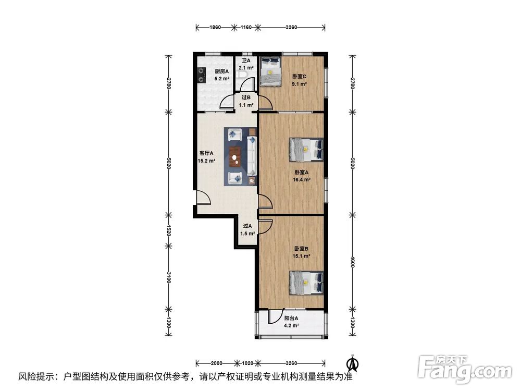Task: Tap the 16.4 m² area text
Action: (x=301, y=180)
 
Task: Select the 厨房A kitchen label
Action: (x=221, y=71)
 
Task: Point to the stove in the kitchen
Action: (x=201, y=75)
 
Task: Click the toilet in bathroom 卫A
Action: (x=242, y=74)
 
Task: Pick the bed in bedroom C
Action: (x=270, y=71)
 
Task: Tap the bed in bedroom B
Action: (x=306, y=283)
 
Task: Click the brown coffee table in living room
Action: (x=235, y=156)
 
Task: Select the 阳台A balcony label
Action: (x=291, y=318)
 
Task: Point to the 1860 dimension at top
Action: (x=215, y=27)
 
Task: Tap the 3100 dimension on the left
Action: (x=169, y=277)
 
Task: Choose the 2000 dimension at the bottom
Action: (x=217, y=363)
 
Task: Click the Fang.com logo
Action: (x=465, y=369)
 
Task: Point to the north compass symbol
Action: (x=353, y=364)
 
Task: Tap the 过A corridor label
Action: (x=247, y=226)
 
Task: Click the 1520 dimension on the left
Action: (x=169, y=230)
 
